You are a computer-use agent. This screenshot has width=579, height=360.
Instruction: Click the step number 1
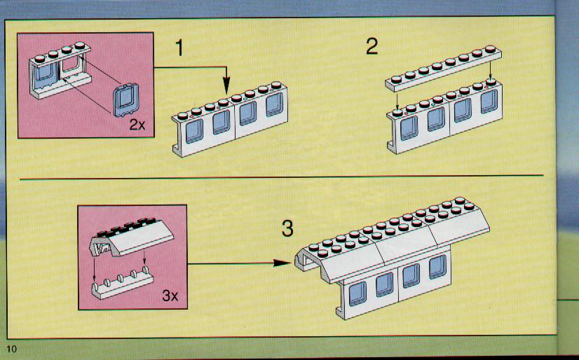(x=179, y=48)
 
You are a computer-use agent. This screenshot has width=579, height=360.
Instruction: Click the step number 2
(x=372, y=47)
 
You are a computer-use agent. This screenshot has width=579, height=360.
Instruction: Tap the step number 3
(x=287, y=228)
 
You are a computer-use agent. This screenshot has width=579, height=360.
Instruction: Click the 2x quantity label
(x=137, y=125)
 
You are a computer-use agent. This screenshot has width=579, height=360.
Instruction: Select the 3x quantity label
(x=170, y=296)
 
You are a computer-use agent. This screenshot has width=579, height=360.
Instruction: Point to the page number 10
(x=11, y=349)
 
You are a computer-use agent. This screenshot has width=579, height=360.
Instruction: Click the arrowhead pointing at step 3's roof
(x=283, y=263)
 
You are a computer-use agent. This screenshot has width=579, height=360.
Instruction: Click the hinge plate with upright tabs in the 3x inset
(x=122, y=286)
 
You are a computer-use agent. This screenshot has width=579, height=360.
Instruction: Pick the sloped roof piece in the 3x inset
(x=132, y=237)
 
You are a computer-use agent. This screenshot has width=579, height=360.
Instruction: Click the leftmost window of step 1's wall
(x=194, y=130)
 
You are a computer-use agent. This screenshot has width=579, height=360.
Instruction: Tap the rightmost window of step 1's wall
(x=274, y=104)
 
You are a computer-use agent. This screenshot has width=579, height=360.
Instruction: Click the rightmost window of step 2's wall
(x=489, y=101)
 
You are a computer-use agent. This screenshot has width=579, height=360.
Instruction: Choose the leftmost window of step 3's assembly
(x=357, y=293)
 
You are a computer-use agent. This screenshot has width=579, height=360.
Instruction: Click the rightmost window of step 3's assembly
(x=437, y=267)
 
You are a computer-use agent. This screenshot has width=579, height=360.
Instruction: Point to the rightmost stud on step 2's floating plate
(x=491, y=49)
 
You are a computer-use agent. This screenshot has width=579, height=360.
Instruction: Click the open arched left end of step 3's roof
(x=306, y=259)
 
